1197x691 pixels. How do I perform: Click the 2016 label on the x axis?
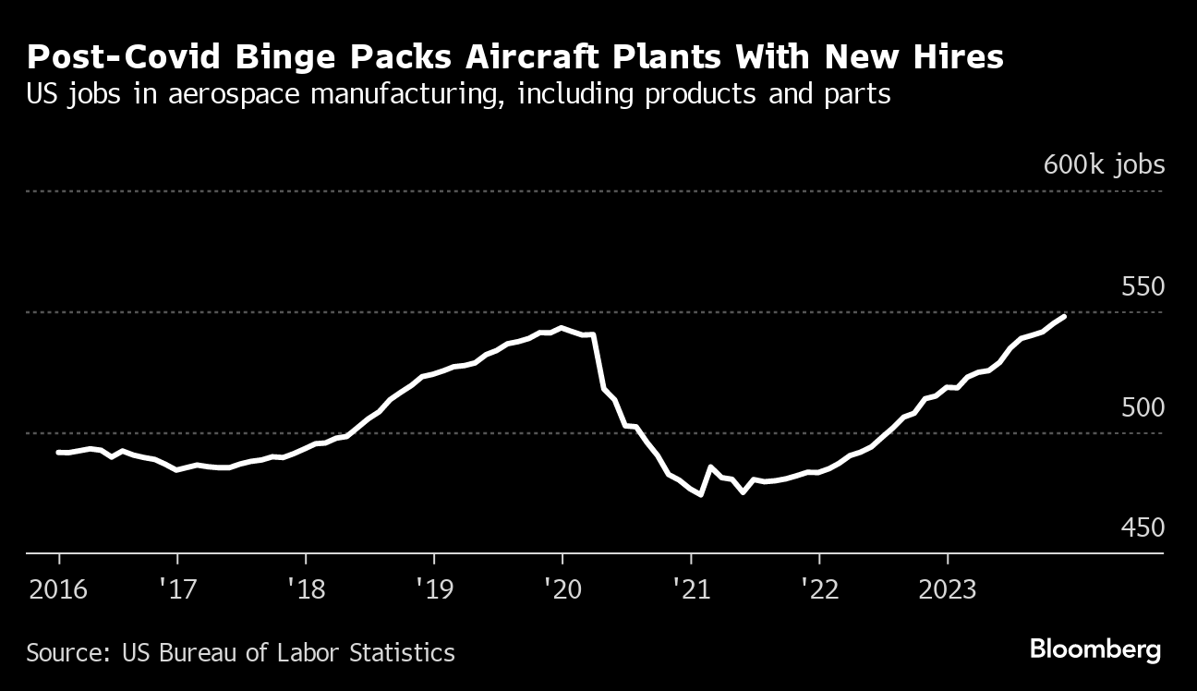click(59, 588)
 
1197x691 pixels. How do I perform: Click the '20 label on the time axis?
click(562, 588)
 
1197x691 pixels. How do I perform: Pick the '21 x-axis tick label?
click(690, 588)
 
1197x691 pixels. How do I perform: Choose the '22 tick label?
click(818, 588)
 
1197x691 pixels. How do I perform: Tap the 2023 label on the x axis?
click(948, 588)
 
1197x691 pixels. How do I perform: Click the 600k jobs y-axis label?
click(1104, 165)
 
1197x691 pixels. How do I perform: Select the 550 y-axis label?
click(1143, 286)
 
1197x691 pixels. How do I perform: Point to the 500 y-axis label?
click(1143, 407)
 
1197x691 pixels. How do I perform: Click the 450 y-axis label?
click(1143, 527)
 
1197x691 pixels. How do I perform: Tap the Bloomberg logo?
click(1095, 650)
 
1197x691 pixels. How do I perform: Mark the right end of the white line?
click(1065, 316)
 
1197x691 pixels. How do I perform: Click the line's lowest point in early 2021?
click(702, 494)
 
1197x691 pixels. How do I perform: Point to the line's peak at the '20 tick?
click(562, 328)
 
